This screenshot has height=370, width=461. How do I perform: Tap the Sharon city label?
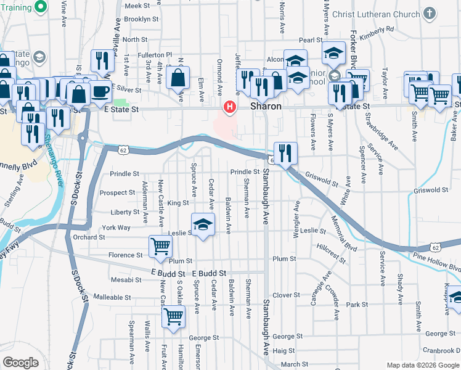coord(266,106)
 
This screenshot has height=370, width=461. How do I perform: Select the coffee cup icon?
coord(100,92)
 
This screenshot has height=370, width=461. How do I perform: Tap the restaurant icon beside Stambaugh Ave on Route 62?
coord(285,153)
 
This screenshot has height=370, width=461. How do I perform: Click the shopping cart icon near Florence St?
coord(160,247)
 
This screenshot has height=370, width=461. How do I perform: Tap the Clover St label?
coord(286,295)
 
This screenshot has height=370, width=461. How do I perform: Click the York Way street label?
coord(116,228)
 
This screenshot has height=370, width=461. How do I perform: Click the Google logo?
coord(20,363)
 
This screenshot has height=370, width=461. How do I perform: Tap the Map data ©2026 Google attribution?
coord(423,365)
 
